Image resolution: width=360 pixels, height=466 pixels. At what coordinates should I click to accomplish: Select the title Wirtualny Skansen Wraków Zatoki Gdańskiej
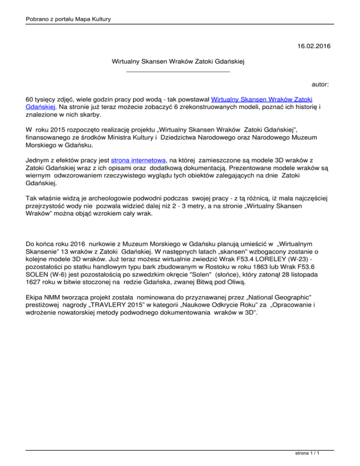[180, 61]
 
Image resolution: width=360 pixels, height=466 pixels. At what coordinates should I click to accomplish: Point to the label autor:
[320, 84]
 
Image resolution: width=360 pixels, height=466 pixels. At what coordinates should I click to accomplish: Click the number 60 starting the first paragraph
[30, 99]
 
